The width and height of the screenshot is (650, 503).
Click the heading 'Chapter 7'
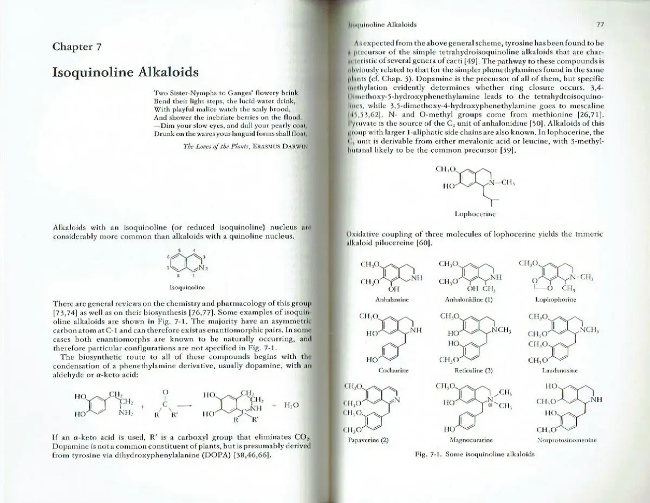coord(77,47)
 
